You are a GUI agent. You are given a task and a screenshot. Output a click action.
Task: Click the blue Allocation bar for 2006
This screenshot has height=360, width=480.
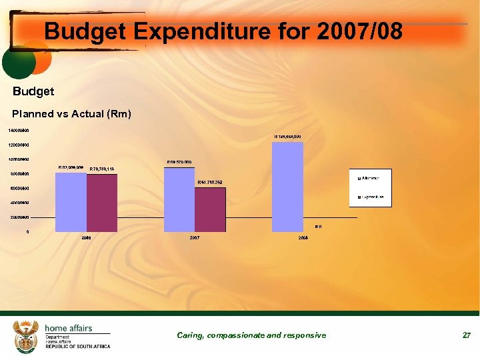point(71,201)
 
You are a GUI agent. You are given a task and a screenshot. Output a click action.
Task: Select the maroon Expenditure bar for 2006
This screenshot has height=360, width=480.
point(102,203)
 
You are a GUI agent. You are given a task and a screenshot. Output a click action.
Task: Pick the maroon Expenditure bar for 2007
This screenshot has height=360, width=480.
point(210,209)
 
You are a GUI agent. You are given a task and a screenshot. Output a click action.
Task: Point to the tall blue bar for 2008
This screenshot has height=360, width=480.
point(288,187)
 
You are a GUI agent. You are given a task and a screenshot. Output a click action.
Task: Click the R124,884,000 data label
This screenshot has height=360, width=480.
point(287,137)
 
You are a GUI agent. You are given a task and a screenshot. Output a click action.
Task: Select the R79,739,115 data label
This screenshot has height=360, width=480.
point(103,169)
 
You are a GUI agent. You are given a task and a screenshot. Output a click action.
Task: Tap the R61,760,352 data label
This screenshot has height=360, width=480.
point(210,182)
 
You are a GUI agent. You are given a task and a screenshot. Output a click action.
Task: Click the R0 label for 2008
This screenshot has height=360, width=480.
point(318,227)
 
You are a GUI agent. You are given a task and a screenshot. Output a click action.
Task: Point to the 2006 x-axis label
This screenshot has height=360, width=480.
point(87,237)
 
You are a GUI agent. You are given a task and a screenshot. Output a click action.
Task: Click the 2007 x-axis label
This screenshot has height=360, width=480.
point(195,237)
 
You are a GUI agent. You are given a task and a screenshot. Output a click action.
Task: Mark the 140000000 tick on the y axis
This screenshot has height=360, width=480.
point(19,130)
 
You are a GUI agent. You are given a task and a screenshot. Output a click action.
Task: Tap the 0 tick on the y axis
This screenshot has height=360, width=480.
point(27,231)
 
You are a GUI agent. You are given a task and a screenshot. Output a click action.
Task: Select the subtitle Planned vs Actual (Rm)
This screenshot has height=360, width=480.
point(72,114)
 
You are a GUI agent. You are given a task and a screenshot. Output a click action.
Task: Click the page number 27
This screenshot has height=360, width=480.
point(467,335)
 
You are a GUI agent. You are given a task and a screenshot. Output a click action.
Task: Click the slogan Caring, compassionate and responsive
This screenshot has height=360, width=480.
point(251,335)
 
